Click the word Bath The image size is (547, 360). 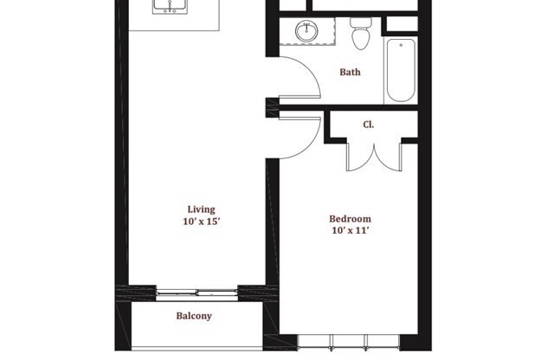[350, 73]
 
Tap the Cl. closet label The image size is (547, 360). [368, 125]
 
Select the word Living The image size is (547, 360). [201, 209]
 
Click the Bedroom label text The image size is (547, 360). [350, 219]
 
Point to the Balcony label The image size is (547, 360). [194, 316]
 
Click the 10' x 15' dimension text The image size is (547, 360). [201, 222]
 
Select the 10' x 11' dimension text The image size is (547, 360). [350, 231]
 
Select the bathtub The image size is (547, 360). [401, 69]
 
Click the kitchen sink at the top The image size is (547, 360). [170, 7]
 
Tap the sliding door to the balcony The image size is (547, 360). [197, 292]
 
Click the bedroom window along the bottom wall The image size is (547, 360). [349, 337]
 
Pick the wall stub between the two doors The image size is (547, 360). [272, 107]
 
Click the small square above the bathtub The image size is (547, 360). [401, 24]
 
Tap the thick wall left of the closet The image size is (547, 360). [328, 126]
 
